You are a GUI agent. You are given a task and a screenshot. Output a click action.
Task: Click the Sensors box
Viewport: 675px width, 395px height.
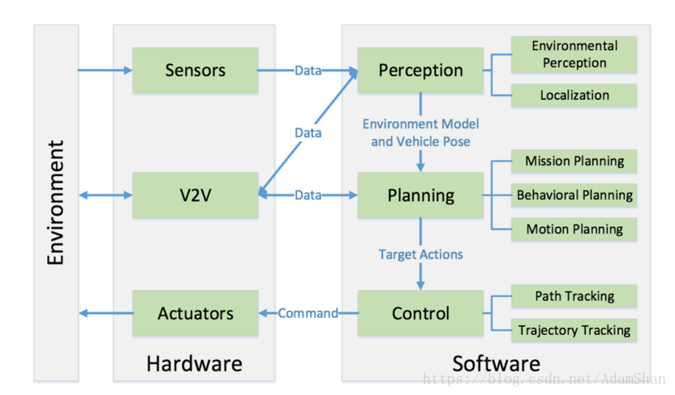pyautogui.click(x=196, y=70)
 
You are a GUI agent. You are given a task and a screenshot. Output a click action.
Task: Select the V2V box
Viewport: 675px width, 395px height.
pyautogui.click(x=196, y=195)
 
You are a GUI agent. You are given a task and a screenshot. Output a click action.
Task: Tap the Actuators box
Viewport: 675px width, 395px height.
pyautogui.click(x=196, y=313)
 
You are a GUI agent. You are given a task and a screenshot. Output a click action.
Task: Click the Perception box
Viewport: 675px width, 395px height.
pyautogui.click(x=420, y=70)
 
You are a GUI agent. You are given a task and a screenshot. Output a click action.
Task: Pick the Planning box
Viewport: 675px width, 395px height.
pyautogui.click(x=420, y=195)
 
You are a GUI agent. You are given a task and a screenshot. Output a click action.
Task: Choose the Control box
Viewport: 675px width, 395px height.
pyautogui.click(x=420, y=313)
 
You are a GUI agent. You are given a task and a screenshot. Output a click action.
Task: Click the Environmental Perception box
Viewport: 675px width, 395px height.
pyautogui.click(x=574, y=54)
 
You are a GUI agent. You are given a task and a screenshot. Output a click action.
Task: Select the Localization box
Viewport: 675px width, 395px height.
pyautogui.click(x=574, y=95)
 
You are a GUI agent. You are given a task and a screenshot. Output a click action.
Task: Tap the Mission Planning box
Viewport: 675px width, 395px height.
pyautogui.click(x=574, y=161)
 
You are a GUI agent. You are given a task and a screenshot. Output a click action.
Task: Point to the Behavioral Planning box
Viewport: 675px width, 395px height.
pyautogui.click(x=574, y=195)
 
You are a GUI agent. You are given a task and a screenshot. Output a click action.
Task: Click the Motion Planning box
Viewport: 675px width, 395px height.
pyautogui.click(x=574, y=229)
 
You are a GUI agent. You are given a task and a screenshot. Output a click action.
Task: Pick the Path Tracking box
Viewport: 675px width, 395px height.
pyautogui.click(x=574, y=296)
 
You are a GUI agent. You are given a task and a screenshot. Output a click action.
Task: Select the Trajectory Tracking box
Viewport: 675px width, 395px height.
pyautogui.click(x=574, y=330)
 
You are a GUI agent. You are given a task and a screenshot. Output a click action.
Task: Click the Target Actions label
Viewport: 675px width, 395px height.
pyautogui.click(x=420, y=255)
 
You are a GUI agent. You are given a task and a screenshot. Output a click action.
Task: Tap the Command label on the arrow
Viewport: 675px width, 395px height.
pyautogui.click(x=307, y=313)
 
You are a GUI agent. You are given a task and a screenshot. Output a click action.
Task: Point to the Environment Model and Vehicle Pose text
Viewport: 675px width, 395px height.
pyautogui.click(x=420, y=132)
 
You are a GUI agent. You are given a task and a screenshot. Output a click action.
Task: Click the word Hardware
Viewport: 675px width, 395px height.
pyautogui.click(x=194, y=364)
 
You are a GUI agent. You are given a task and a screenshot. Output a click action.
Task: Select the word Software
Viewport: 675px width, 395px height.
pyautogui.click(x=496, y=364)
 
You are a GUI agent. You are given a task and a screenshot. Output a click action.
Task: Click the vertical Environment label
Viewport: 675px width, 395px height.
pyautogui.click(x=56, y=202)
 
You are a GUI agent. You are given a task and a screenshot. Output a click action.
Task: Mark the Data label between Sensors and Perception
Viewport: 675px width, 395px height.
pyautogui.click(x=307, y=71)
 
